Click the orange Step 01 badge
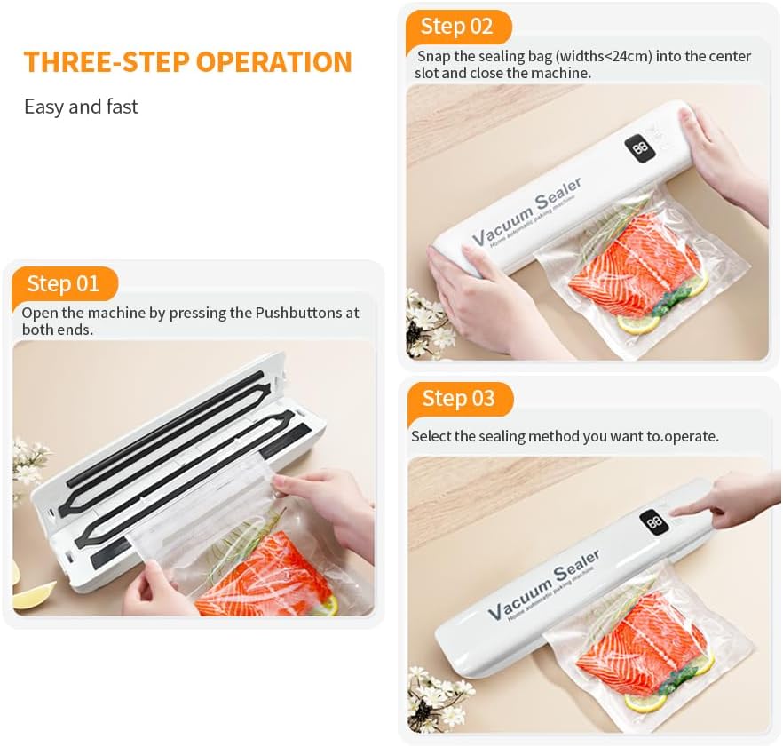click(63, 284)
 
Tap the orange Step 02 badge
click(457, 27)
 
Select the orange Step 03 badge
click(458, 399)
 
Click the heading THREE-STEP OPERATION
click(187, 62)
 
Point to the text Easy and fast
click(81, 107)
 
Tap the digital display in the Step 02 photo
click(639, 147)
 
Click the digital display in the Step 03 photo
click(655, 522)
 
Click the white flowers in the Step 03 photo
click(435, 697)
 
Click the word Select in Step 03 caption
click(431, 436)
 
